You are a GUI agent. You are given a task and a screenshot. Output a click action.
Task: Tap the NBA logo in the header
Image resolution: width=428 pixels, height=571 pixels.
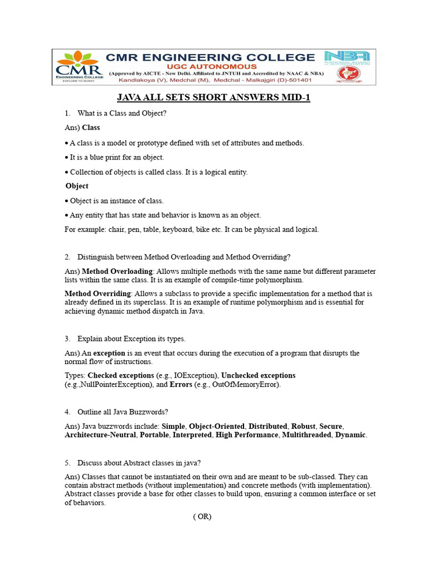pyautogui.click(x=347, y=57)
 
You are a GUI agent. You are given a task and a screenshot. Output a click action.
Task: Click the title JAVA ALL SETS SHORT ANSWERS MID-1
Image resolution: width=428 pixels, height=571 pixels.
pyautogui.click(x=213, y=98)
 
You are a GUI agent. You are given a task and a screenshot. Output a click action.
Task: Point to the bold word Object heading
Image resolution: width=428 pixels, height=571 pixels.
pyautogui.click(x=77, y=186)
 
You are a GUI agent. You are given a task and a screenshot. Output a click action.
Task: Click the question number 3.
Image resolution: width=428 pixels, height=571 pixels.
pyautogui.click(x=67, y=338)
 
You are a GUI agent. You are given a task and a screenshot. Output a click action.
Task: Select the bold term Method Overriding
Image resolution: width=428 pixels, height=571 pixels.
pyautogui.click(x=98, y=293)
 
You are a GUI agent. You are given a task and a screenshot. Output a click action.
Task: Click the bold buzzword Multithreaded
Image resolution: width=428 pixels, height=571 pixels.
pyautogui.click(x=305, y=435)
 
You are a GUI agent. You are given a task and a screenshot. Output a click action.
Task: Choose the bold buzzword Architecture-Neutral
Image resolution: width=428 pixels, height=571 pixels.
pyautogui.click(x=100, y=435)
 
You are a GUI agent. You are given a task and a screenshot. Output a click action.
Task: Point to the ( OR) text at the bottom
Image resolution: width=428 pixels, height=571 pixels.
pyautogui.click(x=202, y=516)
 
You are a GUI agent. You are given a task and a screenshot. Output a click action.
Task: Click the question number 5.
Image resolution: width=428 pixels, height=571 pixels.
pyautogui.click(x=67, y=463)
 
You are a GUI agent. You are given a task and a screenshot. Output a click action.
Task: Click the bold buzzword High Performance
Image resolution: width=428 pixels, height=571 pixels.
pyautogui.click(x=247, y=435)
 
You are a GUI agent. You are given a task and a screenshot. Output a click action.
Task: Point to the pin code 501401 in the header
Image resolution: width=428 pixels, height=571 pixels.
pyautogui.click(x=296, y=80)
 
